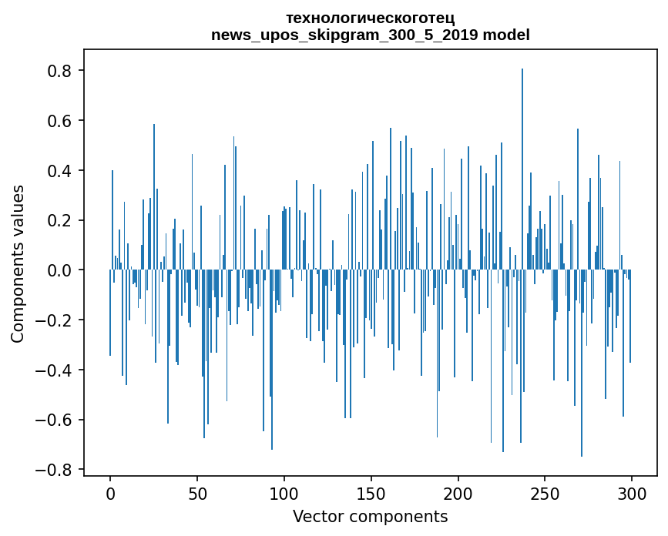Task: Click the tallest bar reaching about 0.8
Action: click(522, 169)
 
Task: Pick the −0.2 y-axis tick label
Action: click(57, 320)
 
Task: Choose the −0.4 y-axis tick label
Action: click(57, 370)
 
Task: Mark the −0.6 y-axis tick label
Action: click(57, 420)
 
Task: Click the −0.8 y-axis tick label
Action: click(57, 470)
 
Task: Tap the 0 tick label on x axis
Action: click(110, 493)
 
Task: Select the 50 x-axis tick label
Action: click(197, 493)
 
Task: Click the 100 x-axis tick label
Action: click(284, 493)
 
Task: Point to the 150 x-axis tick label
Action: click(371, 493)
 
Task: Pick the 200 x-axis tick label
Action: click(458, 493)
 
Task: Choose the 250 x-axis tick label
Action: click(545, 493)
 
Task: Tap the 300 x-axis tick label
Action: click(632, 493)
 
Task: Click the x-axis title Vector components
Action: click(370, 516)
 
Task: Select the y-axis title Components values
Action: click(18, 263)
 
